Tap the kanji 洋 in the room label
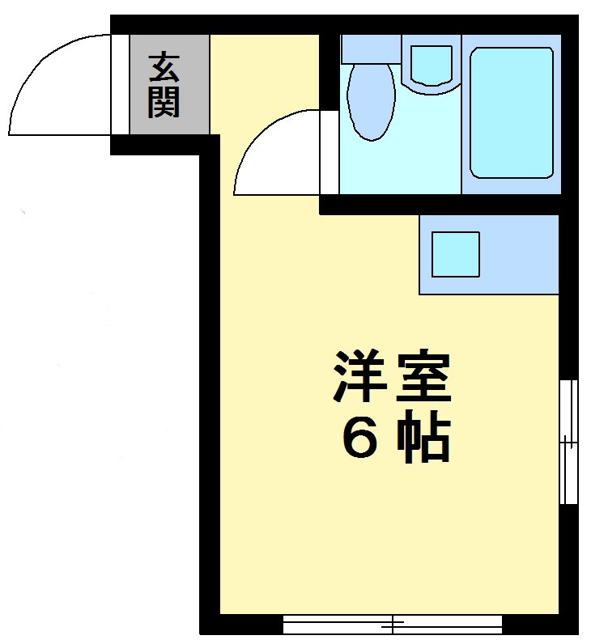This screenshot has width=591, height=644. point(357,377)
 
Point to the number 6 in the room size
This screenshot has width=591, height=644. point(359,439)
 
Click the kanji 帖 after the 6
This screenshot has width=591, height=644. point(423,439)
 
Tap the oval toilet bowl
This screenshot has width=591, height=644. point(370,101)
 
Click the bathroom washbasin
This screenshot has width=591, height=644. point(432,64)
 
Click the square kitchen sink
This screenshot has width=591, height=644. point(455,254)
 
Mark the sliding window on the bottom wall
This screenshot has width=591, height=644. point(393,625)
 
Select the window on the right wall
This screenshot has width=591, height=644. point(569,442)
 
